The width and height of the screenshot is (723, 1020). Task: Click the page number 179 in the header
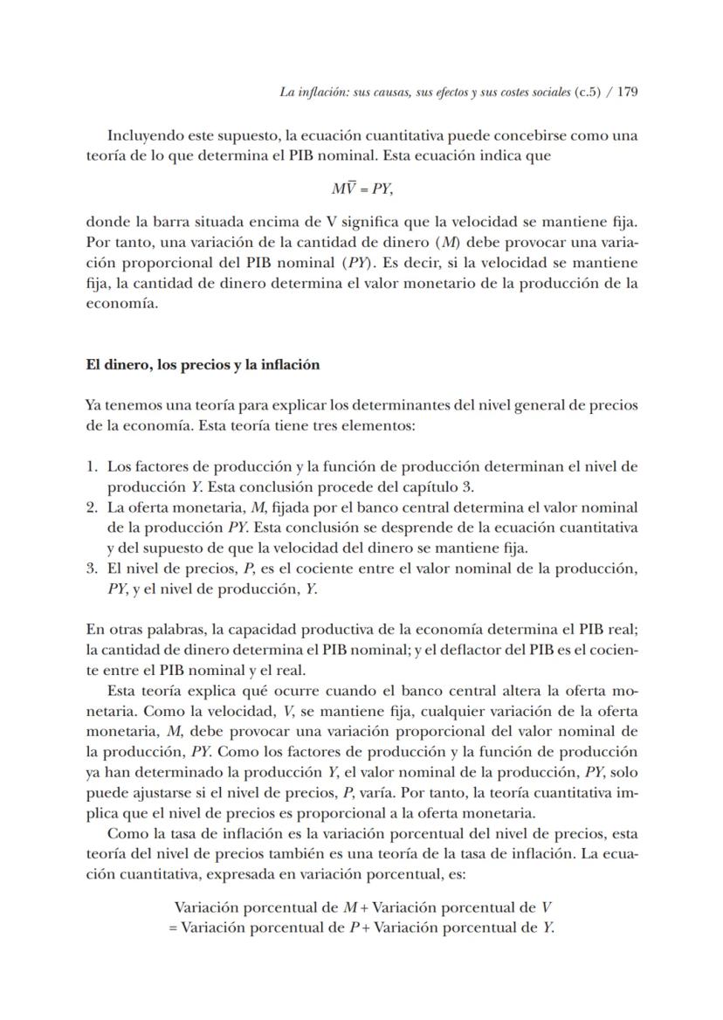(627, 92)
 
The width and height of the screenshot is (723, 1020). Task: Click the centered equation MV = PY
(361, 188)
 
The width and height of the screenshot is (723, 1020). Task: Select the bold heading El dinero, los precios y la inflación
(202, 365)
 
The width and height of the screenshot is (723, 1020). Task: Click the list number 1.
(91, 467)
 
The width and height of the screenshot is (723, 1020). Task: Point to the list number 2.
(91, 507)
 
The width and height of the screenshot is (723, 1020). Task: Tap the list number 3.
(91, 569)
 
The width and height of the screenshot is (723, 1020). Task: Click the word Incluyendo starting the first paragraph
(145, 136)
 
